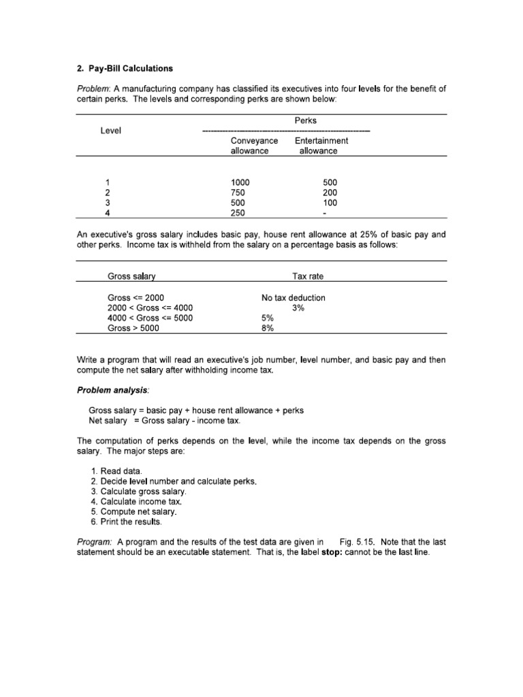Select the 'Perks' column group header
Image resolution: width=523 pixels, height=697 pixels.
(x=306, y=120)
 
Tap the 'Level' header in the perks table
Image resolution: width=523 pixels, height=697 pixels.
(x=111, y=131)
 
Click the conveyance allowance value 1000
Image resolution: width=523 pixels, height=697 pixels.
(x=240, y=182)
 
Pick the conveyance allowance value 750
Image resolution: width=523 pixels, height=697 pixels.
(x=238, y=193)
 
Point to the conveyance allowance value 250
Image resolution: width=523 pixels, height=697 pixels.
(x=238, y=213)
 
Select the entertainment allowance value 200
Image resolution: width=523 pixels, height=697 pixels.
(x=330, y=193)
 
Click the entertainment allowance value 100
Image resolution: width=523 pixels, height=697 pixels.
(x=330, y=203)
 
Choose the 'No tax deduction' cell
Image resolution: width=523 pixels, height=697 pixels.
(x=294, y=297)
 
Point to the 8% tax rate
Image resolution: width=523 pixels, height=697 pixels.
(x=268, y=328)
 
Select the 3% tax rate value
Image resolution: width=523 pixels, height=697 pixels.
(x=298, y=308)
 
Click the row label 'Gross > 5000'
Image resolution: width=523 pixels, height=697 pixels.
(x=133, y=328)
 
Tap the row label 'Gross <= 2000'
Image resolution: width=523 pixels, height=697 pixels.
(x=136, y=297)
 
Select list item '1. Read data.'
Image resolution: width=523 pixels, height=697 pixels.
(x=120, y=471)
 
